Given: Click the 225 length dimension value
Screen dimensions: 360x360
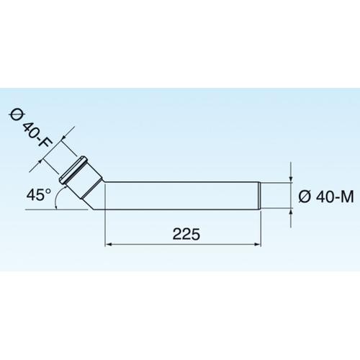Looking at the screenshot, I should [186, 234].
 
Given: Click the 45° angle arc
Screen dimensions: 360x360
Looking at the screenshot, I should [59, 197].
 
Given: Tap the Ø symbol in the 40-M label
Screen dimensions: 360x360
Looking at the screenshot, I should [303, 195].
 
